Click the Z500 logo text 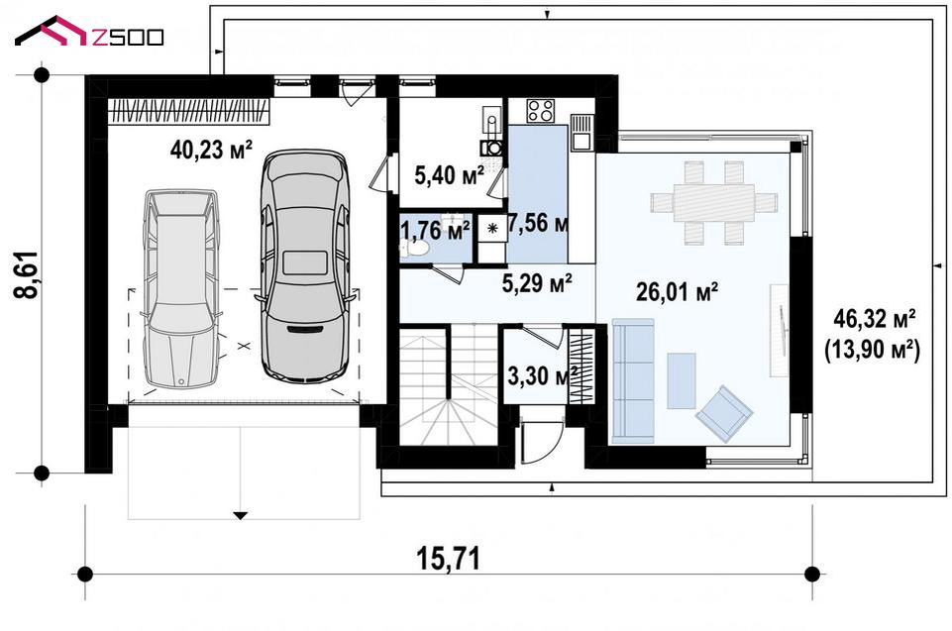[128, 37]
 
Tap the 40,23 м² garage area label [211, 150]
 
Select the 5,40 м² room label [450, 175]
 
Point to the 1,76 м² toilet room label [435, 231]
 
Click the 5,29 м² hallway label [537, 282]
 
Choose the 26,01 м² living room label [677, 292]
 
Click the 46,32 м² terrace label [875, 317]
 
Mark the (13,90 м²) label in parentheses [872, 351]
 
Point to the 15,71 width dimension [448, 559]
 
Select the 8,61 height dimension [27, 274]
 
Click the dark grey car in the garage [305, 265]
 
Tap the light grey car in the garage [180, 288]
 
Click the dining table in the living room [713, 203]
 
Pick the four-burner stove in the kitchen [540, 111]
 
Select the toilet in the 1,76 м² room [415, 248]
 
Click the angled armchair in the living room [724, 413]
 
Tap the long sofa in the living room [633, 380]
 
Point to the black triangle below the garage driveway [241, 516]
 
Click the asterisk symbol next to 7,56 [492, 229]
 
